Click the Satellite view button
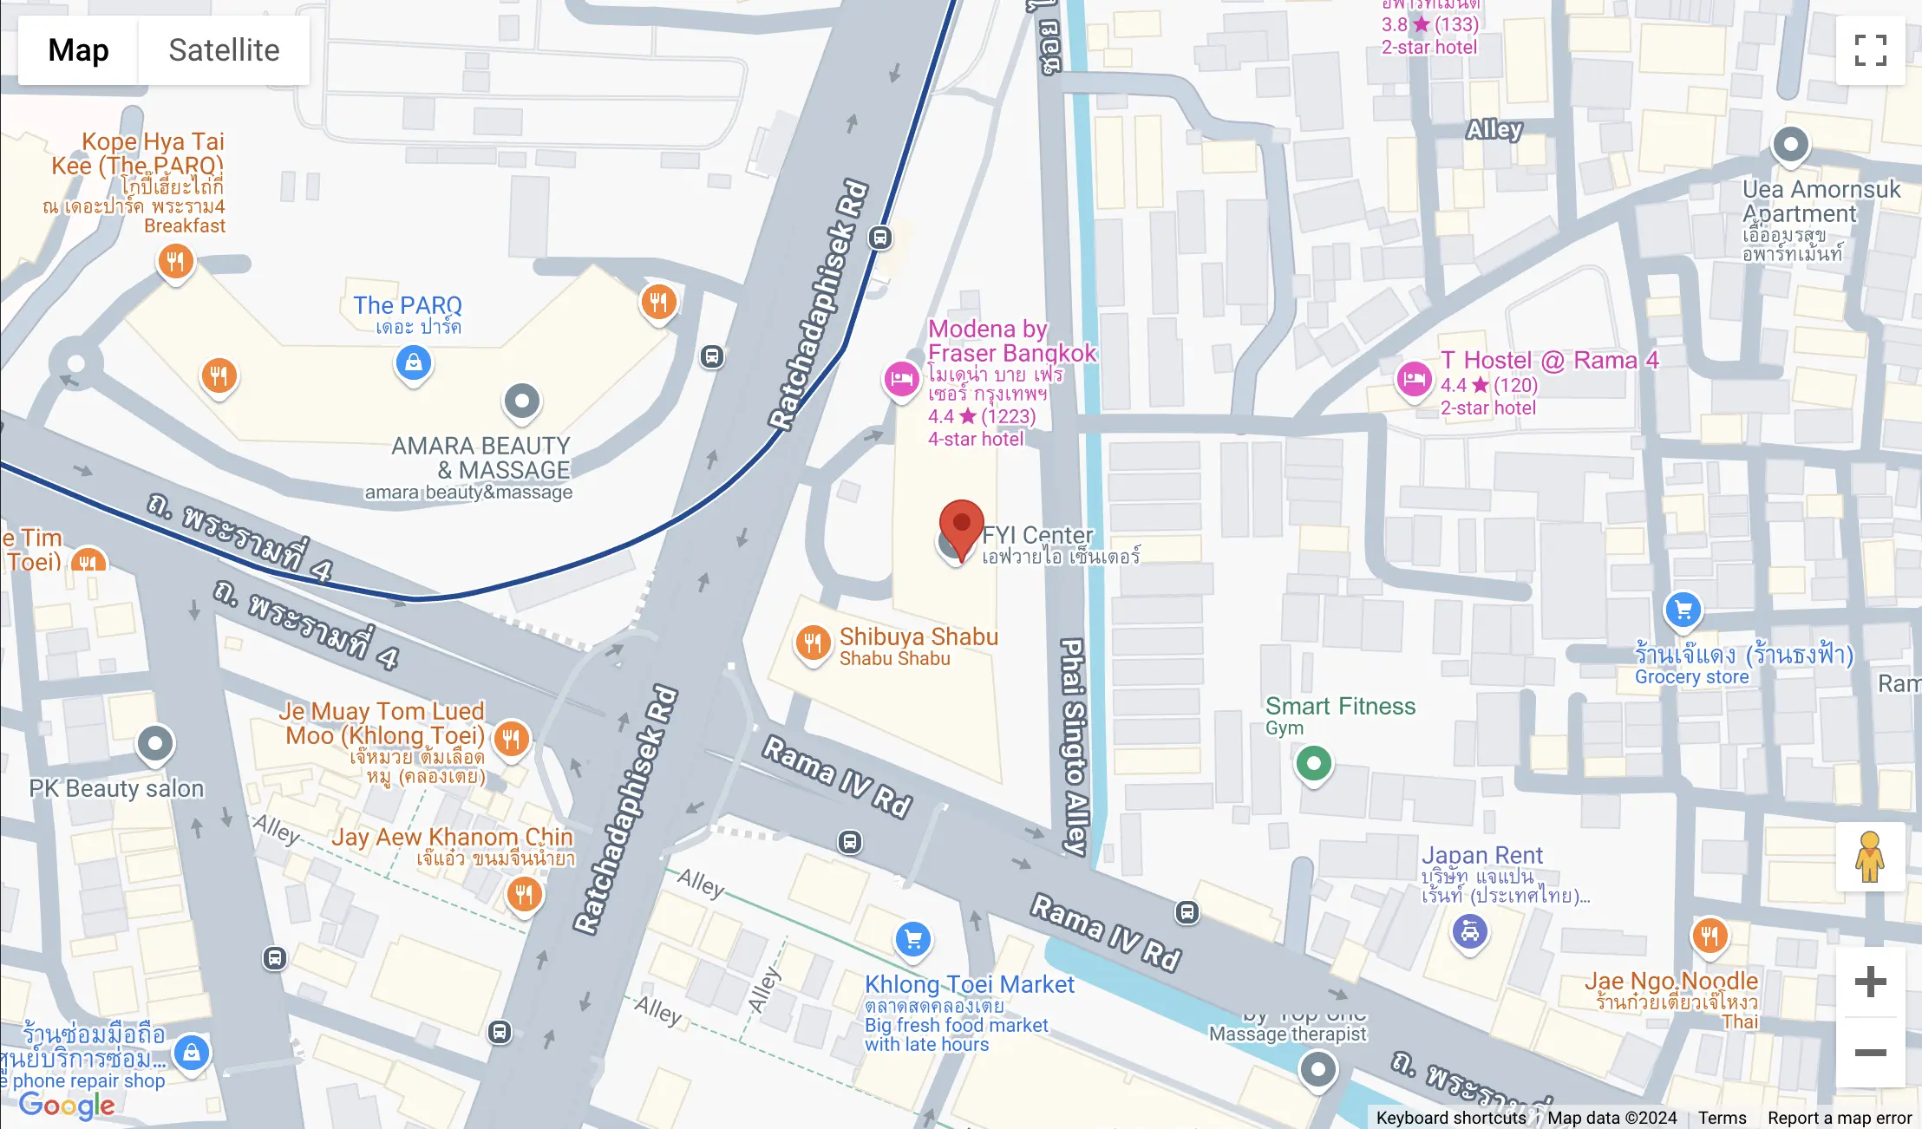(x=224, y=50)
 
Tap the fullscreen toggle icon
(x=1870, y=50)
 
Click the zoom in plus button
(x=1870, y=982)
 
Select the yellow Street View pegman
(x=1870, y=857)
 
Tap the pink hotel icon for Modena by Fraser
(x=901, y=379)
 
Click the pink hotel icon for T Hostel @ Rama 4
(x=1414, y=379)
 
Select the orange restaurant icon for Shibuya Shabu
(x=813, y=643)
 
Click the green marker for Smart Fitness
(x=1313, y=763)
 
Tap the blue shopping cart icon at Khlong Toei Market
(x=912, y=939)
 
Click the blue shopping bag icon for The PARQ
(x=414, y=362)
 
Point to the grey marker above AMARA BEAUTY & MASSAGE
(x=521, y=401)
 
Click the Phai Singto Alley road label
(x=1074, y=746)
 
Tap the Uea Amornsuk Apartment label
(x=1820, y=201)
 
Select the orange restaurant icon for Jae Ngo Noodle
(x=1709, y=936)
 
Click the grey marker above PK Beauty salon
(x=155, y=743)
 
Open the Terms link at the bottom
(x=1722, y=1118)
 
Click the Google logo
(x=67, y=1105)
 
